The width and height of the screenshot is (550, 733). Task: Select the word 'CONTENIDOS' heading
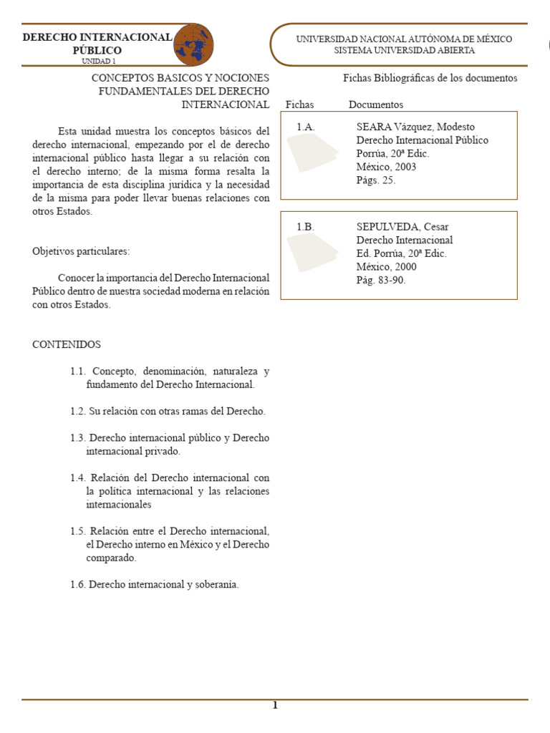67,344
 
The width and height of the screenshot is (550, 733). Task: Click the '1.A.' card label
306,127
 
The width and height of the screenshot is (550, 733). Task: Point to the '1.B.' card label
306,227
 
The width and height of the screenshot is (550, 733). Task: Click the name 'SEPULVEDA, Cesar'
402,227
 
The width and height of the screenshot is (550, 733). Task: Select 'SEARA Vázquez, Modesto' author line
415,127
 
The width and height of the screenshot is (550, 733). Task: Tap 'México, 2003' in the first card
386,167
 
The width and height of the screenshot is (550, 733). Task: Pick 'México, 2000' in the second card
386,267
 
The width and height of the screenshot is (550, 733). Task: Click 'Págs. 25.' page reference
376,180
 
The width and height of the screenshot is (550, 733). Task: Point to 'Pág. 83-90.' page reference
381,281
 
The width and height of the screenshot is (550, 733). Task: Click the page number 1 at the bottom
274,706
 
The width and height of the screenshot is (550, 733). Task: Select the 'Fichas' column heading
299,105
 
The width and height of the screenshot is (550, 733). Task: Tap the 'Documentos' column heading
376,105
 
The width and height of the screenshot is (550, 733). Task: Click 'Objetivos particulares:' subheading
82,251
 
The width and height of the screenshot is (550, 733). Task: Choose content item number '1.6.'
78,585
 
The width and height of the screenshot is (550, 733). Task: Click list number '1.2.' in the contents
78,412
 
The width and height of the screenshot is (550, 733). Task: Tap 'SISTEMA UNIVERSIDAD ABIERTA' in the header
404,51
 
